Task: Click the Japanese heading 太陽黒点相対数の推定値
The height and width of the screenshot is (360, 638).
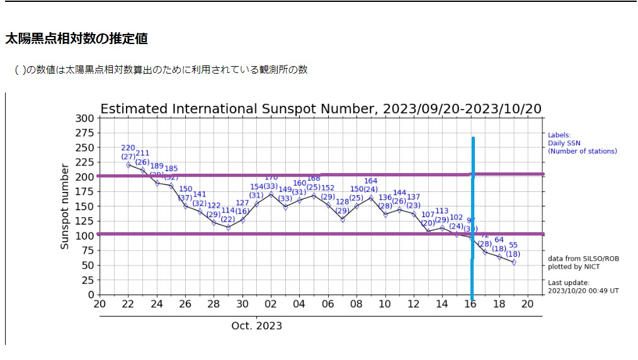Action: pos(76,39)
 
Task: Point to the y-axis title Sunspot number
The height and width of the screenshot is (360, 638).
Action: pos(65,206)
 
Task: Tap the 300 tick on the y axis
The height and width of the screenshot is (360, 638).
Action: pos(86,118)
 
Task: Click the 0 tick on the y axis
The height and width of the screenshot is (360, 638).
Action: pos(91,295)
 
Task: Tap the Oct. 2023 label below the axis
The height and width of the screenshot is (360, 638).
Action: pos(256,326)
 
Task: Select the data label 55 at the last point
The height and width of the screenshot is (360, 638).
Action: pos(513,245)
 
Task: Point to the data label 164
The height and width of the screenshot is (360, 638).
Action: pos(371,181)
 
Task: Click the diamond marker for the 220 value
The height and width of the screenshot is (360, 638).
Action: pos(128,165)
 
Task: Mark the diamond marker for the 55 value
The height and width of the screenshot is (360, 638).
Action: pos(514,262)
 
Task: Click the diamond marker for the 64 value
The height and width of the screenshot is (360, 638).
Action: pos(499,257)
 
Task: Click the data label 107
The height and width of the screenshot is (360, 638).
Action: pos(428,215)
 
